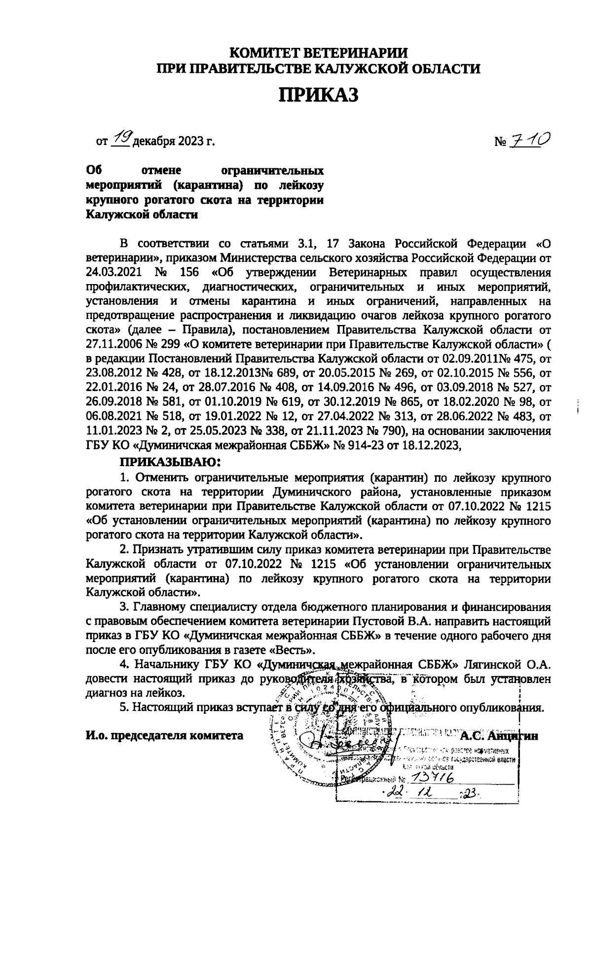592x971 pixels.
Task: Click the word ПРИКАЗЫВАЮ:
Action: [x=169, y=463]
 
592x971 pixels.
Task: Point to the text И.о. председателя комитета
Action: [x=165, y=735]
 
